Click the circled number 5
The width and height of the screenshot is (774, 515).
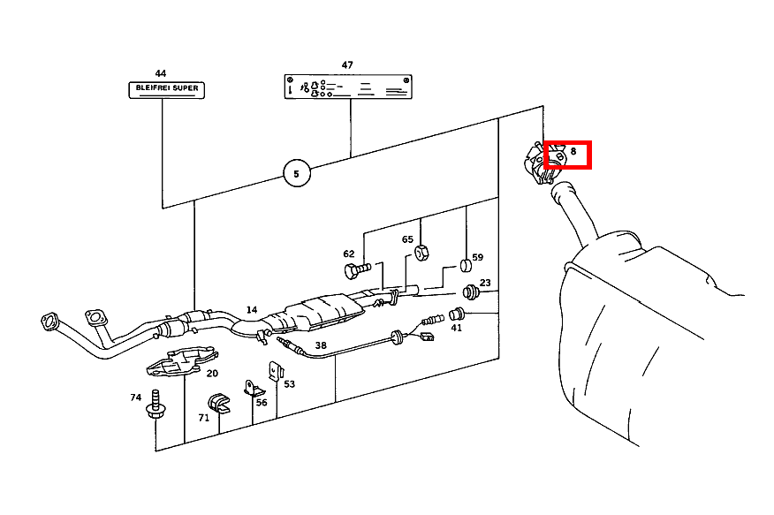pos(297,174)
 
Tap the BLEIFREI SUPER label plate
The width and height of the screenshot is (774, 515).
pos(165,89)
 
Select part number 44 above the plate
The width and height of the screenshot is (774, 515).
pos(160,73)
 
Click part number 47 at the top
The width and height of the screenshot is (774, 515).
pos(347,65)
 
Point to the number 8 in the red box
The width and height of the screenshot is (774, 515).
pos(573,153)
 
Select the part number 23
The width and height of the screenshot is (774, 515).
pos(485,284)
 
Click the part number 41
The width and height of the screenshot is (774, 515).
pos(456,328)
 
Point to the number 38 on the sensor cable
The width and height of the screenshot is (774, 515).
pos(320,345)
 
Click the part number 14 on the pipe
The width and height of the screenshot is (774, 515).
pos(252,310)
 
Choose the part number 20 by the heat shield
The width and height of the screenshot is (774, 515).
pos(212,373)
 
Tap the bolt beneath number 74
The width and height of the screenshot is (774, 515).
pos(156,404)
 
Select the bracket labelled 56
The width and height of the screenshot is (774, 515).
pos(251,388)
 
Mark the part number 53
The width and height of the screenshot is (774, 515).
pos(289,383)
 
